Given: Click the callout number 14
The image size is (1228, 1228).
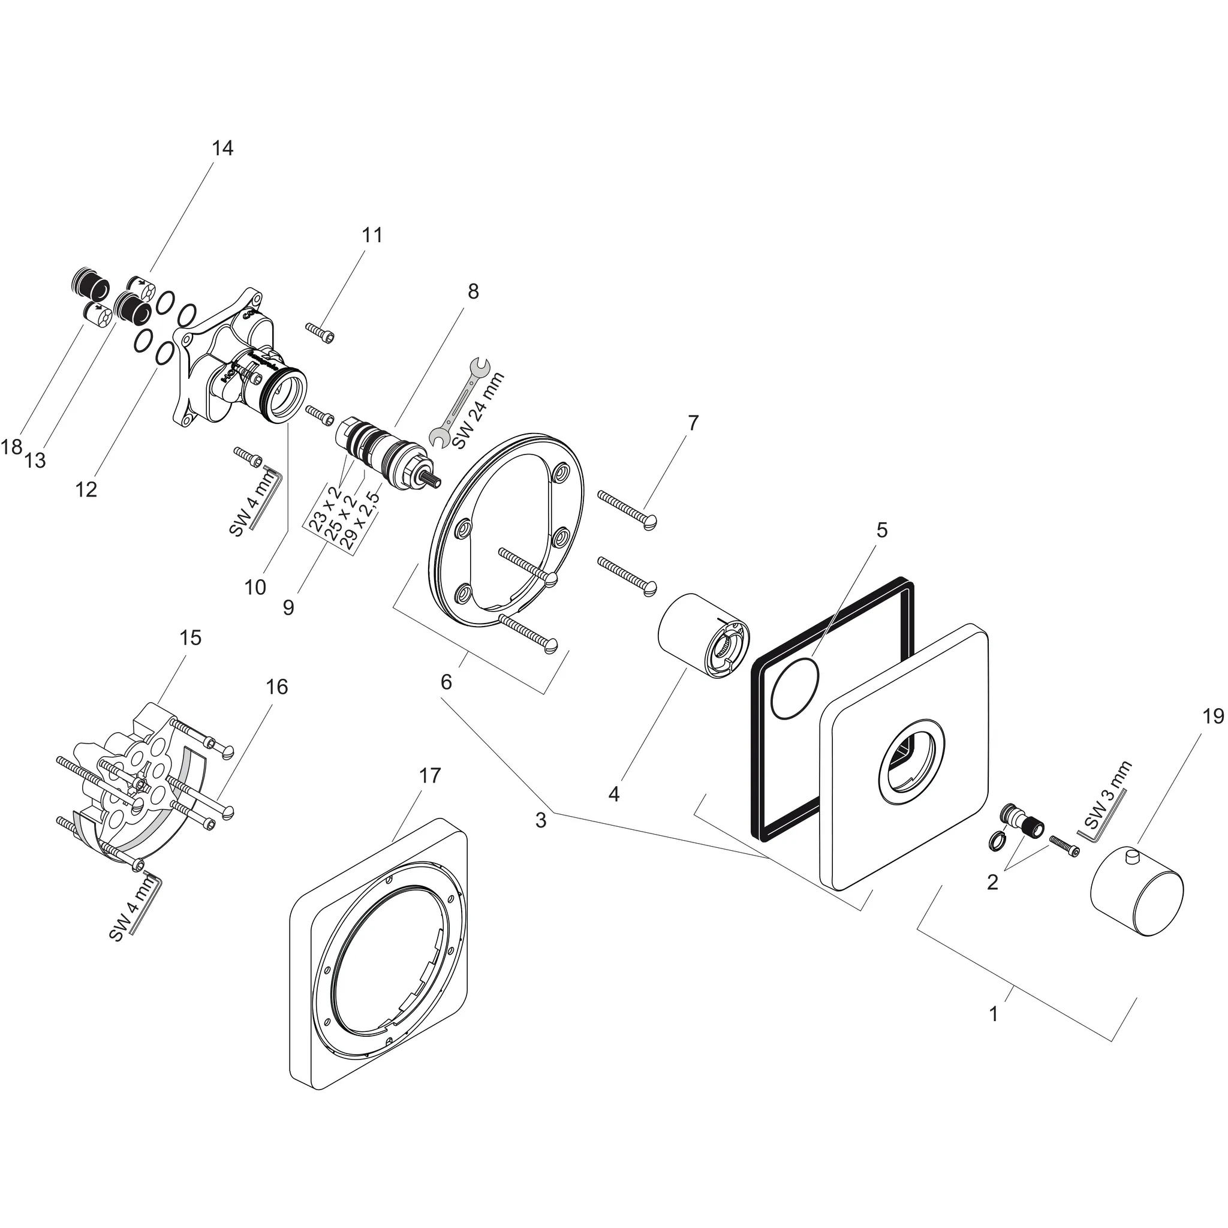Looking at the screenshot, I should coord(222,148).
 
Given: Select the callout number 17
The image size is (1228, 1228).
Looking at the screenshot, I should coord(430,775).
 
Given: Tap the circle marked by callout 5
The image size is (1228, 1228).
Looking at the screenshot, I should coord(794,688).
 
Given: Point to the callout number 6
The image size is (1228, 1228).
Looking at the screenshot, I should coord(446,681).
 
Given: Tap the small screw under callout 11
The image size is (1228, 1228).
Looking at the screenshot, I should coord(320,331).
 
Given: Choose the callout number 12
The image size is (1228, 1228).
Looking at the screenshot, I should coord(86,489).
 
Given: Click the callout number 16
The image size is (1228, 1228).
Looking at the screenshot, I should coord(277,687).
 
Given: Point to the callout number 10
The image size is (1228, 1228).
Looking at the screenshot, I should coord(255,587).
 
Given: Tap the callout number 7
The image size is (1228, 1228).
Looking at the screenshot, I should coord(693,423).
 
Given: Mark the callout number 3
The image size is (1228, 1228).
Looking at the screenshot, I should coord(540,820).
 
